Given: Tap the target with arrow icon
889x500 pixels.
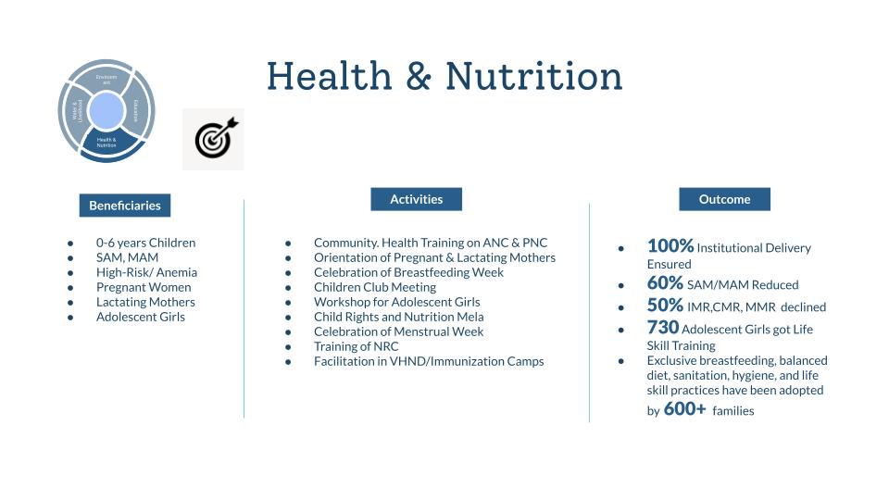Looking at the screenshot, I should (214, 139).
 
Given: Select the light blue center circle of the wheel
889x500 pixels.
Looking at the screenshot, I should (106, 111).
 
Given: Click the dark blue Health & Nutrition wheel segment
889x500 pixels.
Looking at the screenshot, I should (106, 144).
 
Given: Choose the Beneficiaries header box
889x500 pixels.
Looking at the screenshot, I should (125, 206).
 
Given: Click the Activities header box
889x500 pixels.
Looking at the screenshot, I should (416, 199).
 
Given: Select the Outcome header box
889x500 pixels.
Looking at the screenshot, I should (724, 199).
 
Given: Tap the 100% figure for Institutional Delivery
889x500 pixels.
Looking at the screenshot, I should (670, 246).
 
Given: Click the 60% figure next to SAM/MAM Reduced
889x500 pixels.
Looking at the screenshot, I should (665, 283).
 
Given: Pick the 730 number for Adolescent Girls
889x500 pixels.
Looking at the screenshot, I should (663, 328).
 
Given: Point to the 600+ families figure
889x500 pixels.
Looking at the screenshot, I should (684, 409).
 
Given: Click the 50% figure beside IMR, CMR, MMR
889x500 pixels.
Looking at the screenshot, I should (665, 306).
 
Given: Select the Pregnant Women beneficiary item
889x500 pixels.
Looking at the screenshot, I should (144, 287).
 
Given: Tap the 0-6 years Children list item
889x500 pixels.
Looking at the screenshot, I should (145, 243).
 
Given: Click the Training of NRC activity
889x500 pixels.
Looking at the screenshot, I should (356, 346).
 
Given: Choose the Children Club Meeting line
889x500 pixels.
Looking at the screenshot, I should (374, 287).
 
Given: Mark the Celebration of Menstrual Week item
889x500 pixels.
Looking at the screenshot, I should (398, 331).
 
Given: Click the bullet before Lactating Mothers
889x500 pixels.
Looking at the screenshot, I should (70, 302).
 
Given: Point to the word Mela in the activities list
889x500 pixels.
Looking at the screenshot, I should (470, 317).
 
